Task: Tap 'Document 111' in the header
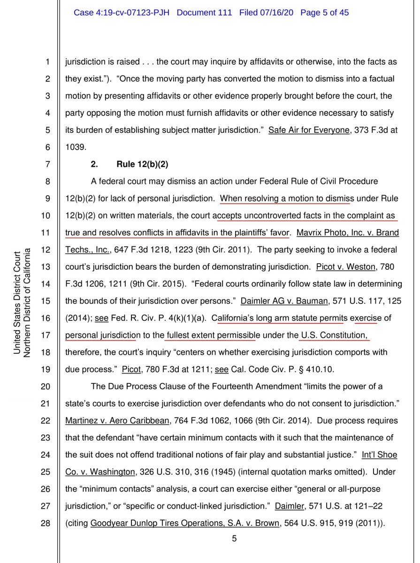click(x=204, y=13)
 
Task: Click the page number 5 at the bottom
click(x=234, y=539)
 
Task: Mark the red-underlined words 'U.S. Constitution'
click(x=333, y=335)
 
